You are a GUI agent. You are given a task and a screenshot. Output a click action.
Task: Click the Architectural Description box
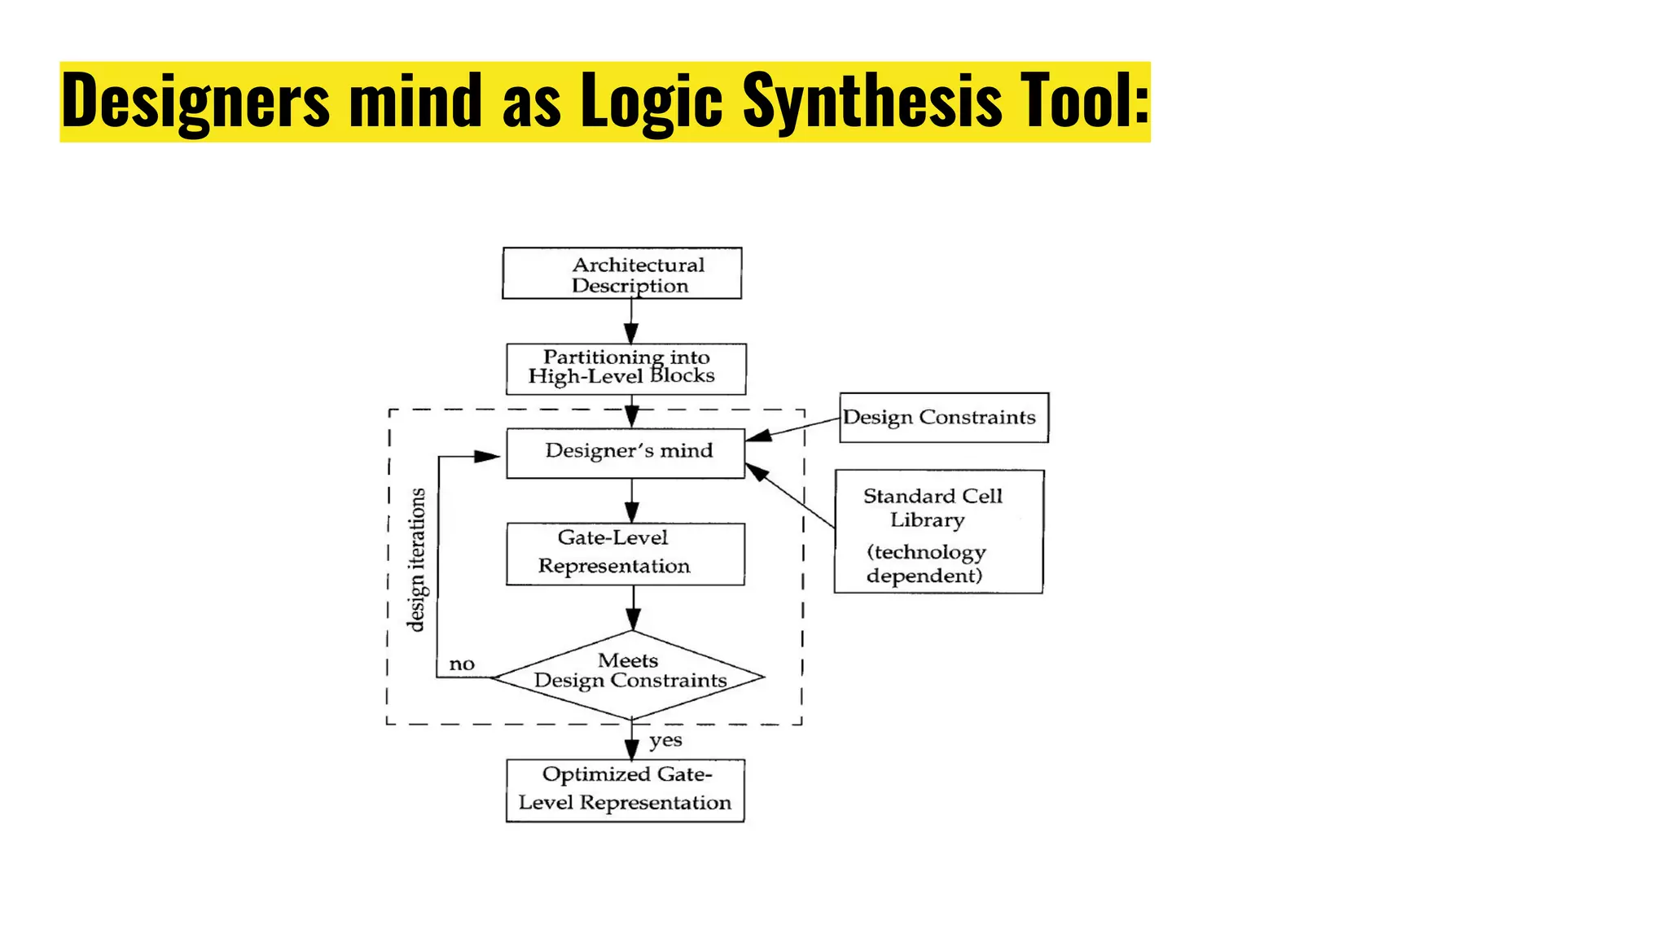(622, 274)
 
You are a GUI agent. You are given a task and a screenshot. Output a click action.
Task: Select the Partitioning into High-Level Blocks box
(625, 369)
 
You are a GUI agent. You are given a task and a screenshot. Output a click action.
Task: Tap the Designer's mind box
(625, 453)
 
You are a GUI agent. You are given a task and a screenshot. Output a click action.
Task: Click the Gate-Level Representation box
(625, 554)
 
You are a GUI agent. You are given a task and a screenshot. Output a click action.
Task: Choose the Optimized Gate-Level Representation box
(625, 791)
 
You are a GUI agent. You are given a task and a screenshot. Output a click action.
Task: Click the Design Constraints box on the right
(943, 418)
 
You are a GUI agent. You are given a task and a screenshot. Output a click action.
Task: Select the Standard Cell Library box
(938, 531)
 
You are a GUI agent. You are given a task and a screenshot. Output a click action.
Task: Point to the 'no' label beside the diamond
(462, 664)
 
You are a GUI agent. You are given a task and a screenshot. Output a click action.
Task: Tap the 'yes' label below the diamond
(665, 741)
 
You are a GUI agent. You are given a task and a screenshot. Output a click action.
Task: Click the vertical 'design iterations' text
(416, 559)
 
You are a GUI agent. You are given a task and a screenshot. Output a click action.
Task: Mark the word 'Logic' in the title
(651, 101)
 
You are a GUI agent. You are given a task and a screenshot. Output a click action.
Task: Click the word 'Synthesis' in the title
(872, 101)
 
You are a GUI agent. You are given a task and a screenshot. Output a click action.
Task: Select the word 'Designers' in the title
(195, 101)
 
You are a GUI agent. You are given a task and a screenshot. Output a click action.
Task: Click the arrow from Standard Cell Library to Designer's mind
(790, 496)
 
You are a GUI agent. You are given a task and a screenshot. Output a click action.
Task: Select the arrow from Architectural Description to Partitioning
(631, 322)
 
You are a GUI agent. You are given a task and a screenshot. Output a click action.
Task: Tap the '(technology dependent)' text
(926, 563)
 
